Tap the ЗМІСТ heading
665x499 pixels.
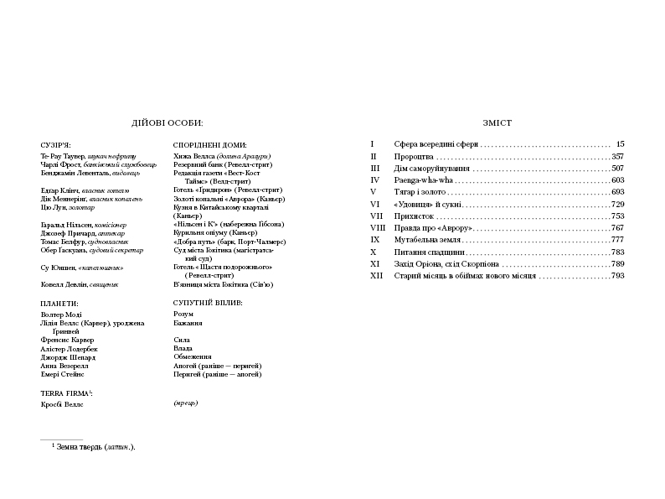tap(497, 122)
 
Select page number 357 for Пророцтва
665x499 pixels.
tap(618, 157)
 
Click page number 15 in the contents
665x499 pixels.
tap(620, 144)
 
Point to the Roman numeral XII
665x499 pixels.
tap(376, 275)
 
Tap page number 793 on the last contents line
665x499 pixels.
tap(618, 275)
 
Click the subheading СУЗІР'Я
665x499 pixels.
tap(55, 144)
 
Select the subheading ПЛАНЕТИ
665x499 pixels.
tap(59, 302)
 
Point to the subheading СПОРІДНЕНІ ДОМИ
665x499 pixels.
tap(210, 144)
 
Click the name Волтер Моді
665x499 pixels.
tap(64, 314)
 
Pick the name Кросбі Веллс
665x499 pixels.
tap(63, 404)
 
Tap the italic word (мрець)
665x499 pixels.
tap(185, 403)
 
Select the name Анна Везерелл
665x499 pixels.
tap(64, 366)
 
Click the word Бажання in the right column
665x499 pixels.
tap(188, 323)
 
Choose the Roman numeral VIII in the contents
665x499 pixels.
tap(377, 228)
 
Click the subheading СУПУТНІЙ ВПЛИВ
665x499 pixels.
tap(208, 302)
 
